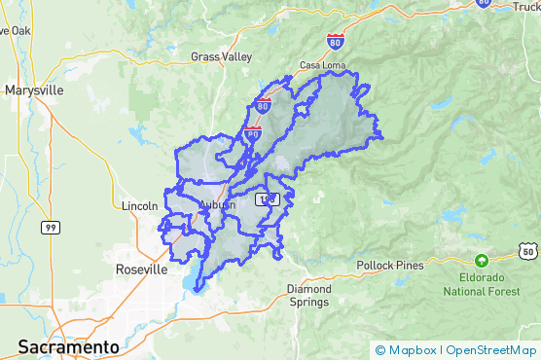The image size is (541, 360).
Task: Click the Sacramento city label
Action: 68,346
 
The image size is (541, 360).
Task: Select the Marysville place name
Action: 34,90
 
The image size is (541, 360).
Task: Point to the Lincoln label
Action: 140,206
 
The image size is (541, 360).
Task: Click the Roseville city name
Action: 141,269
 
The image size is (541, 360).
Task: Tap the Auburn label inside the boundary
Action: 216,204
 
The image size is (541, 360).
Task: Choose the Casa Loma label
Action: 323,64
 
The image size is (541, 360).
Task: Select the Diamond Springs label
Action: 309,296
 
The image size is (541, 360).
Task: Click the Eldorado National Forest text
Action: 481,283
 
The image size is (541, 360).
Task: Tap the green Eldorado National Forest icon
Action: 481,260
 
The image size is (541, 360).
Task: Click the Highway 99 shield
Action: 49,227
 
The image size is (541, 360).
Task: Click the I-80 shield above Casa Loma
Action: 335,42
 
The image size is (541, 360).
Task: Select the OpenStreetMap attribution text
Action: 491,350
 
